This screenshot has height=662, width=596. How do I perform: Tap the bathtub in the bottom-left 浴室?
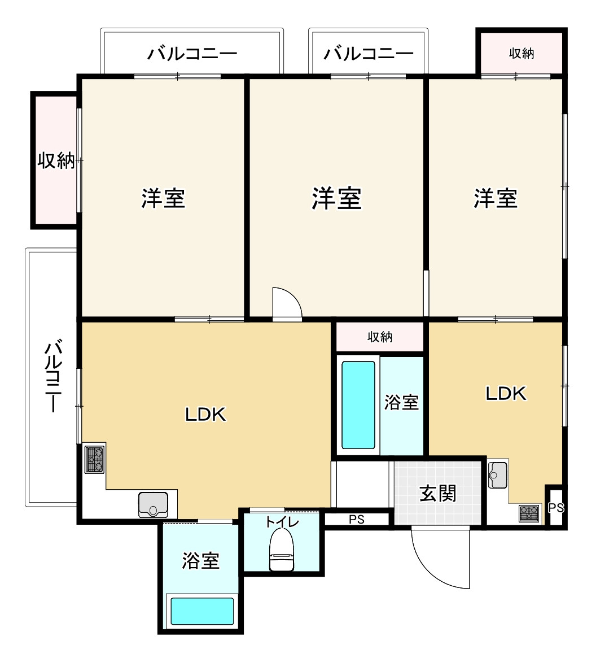[x=203, y=611]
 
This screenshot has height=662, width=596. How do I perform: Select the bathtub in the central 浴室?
[x=358, y=404]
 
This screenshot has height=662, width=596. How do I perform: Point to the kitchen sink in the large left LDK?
[x=153, y=504]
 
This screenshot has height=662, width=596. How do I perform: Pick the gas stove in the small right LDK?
[x=529, y=513]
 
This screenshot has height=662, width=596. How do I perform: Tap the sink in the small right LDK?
[x=498, y=474]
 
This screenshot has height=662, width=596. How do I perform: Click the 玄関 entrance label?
[x=438, y=494]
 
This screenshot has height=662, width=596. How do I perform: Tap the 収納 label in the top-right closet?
[x=521, y=54]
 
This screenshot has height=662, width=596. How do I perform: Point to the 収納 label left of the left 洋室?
[x=56, y=160]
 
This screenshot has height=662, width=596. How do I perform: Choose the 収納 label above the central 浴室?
[x=380, y=337]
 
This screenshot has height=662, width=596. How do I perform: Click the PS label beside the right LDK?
[x=556, y=508]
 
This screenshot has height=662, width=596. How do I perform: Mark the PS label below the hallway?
[x=357, y=520]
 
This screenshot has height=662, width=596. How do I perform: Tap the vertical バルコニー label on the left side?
[x=53, y=376]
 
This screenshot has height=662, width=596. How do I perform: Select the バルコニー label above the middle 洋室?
[x=369, y=54]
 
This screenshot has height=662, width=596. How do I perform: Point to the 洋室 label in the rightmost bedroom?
[x=496, y=198]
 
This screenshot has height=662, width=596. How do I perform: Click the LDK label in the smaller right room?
[x=506, y=394]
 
